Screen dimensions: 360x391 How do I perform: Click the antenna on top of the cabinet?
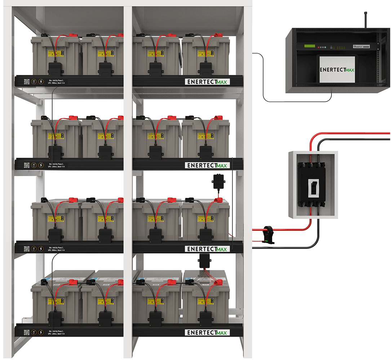tap(365, 19)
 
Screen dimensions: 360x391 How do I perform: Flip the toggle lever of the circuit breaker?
tap(313, 186)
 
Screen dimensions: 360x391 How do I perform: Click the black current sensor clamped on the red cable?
tap(268, 234)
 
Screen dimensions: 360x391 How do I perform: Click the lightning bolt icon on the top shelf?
tap(41, 82)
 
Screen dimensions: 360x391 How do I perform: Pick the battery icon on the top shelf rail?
tap(34, 82)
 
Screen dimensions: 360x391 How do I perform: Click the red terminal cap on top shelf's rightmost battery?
tap(217, 35)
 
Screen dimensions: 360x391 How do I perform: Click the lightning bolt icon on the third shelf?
tap(41, 248)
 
